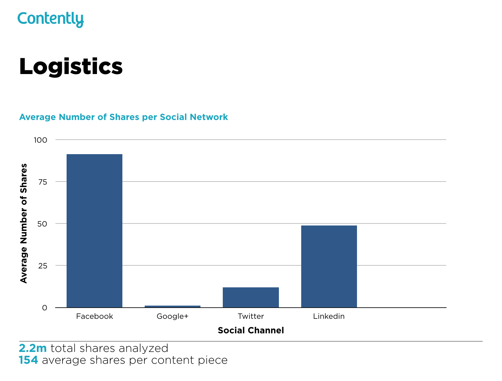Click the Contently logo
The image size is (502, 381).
pos(50,19)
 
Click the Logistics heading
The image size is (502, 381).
pos(71,66)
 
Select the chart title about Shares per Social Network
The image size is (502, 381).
pos(123,117)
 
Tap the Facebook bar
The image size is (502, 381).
pos(94,231)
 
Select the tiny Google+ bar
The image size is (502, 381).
pos(172,306)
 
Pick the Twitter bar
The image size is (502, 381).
pos(250,297)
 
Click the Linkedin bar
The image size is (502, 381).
pos(329,266)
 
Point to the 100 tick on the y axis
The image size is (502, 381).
pos(41,140)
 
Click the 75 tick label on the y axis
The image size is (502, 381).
pos(43,182)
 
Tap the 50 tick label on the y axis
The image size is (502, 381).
pos(43,224)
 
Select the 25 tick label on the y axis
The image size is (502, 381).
pos(43,266)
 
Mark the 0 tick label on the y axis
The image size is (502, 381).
pos(45,308)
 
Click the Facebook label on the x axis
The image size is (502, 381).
pos(94,316)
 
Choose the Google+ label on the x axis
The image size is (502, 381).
pos(172,316)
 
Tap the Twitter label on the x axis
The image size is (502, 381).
pos(250,316)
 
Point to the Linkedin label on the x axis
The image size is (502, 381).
pos(329,316)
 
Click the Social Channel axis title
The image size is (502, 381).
pos(250,330)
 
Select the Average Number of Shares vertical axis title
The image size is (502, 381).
pos(23,223)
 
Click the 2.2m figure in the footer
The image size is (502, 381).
pos(33,348)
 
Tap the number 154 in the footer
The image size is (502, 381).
pos(28,360)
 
